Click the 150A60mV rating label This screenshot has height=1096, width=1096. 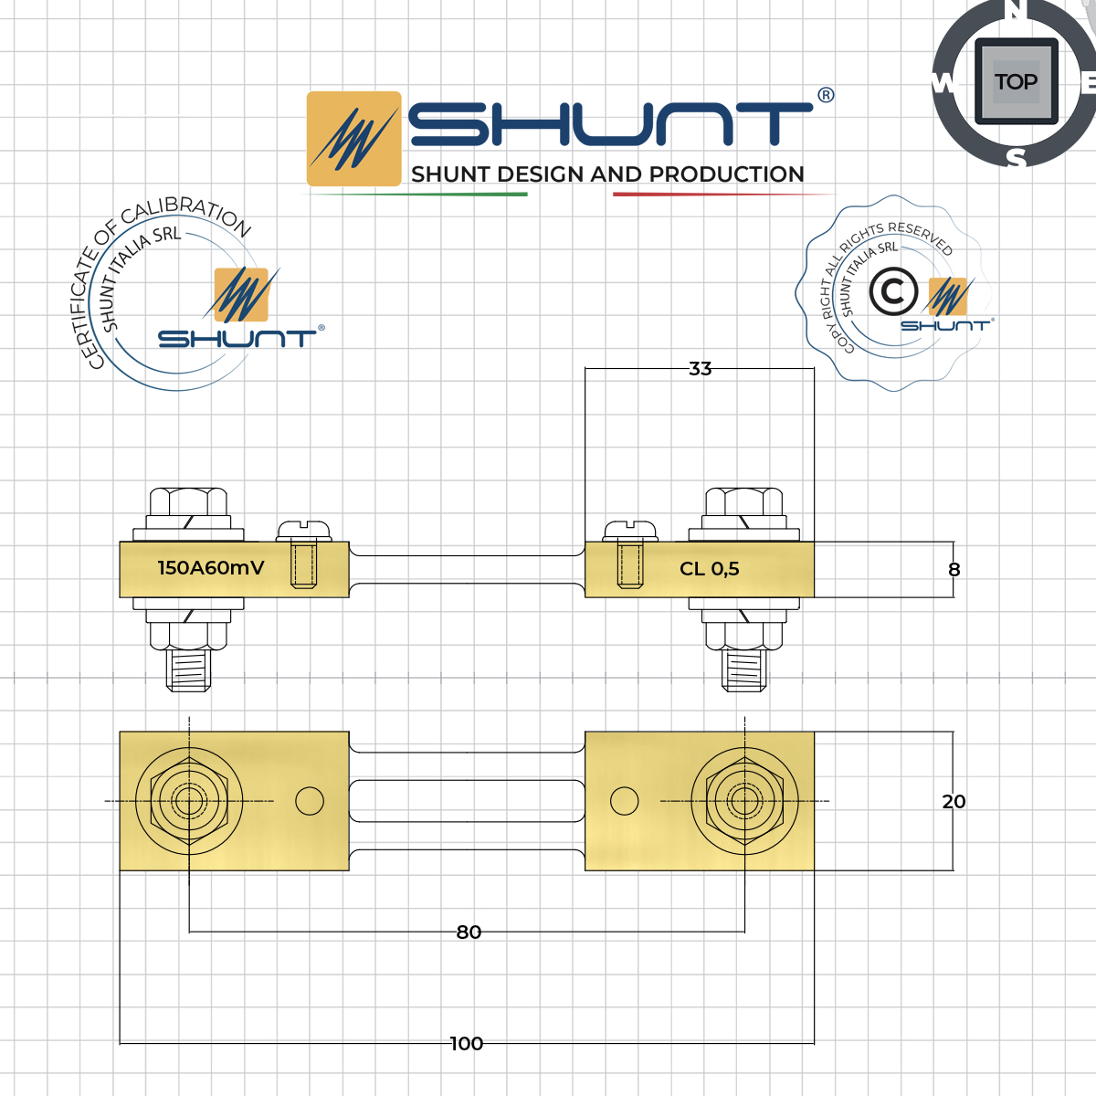[x=211, y=568]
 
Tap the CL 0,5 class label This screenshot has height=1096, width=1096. [x=710, y=569]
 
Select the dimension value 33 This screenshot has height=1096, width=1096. [x=701, y=369]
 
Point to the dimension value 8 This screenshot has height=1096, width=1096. [x=954, y=570]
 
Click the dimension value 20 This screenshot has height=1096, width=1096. [x=954, y=802]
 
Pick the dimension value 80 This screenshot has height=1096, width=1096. [x=469, y=933]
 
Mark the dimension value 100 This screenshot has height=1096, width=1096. [x=467, y=1044]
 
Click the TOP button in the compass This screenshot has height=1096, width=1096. [x=1016, y=82]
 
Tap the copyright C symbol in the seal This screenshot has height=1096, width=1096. [x=892, y=292]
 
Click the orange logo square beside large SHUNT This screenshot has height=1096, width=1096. [x=353, y=139]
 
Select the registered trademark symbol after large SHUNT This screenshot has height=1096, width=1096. [x=826, y=96]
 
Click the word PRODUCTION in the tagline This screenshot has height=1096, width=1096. [x=727, y=174]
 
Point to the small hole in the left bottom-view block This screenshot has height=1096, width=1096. [x=310, y=802]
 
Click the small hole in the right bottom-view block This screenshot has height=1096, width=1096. [x=625, y=802]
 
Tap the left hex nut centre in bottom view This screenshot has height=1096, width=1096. [x=189, y=802]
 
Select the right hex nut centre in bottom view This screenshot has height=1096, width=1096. [x=745, y=802]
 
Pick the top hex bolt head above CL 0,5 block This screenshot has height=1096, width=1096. [x=744, y=501]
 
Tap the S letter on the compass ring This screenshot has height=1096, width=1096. [x=1017, y=158]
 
